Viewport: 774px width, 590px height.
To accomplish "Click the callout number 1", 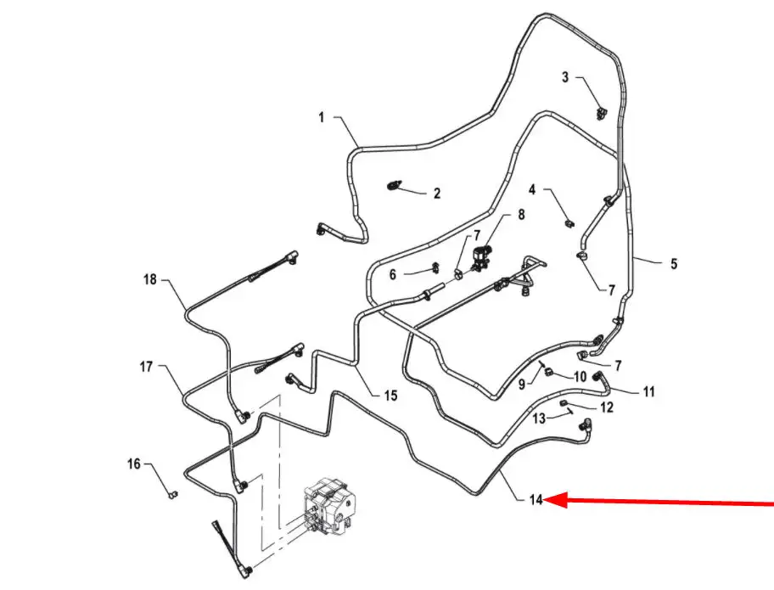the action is click(x=322, y=117).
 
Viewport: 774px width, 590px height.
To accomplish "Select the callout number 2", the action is click(x=437, y=193).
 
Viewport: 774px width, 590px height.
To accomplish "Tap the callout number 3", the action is click(x=565, y=77).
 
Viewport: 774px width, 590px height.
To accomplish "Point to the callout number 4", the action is click(x=531, y=189).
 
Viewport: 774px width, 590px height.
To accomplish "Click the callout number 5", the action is click(x=674, y=264).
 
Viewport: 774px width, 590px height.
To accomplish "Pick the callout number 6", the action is click(x=392, y=274).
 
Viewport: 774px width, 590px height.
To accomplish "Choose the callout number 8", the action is click(x=521, y=214).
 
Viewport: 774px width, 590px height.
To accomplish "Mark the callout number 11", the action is click(x=648, y=391).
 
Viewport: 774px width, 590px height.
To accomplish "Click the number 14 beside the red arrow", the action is click(x=536, y=500).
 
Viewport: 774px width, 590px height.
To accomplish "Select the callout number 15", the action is click(x=390, y=396).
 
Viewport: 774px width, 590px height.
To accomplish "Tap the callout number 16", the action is click(x=134, y=464).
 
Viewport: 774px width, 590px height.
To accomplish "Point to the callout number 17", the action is click(x=146, y=367).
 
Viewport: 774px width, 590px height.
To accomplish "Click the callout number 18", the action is click(x=149, y=279).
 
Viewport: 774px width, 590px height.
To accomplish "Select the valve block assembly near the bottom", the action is click(x=328, y=507).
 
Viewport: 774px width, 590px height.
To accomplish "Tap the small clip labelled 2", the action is click(x=394, y=187).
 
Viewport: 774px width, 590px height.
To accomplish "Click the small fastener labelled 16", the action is click(x=172, y=494).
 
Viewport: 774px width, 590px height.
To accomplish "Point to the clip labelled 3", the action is click(x=601, y=114).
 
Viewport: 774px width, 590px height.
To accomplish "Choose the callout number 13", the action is click(x=539, y=419).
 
